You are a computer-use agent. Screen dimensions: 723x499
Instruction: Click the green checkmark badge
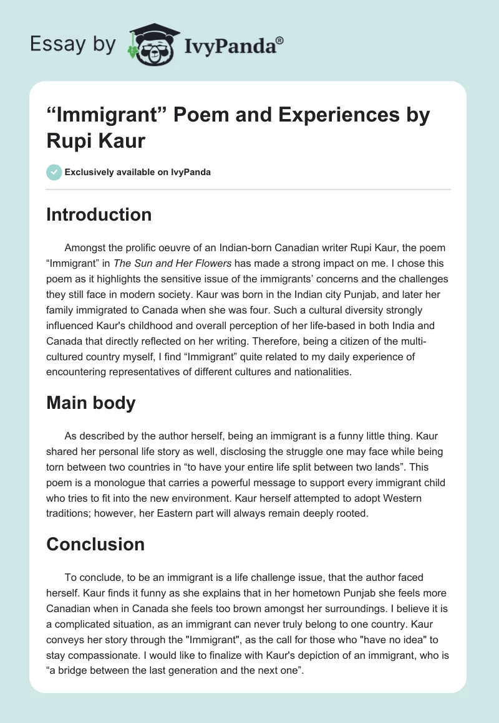click(x=54, y=172)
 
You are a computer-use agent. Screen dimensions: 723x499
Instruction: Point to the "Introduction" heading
click(x=99, y=214)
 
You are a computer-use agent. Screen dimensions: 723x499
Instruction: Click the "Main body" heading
click(x=91, y=403)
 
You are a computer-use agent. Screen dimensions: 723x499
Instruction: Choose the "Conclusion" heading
click(x=95, y=544)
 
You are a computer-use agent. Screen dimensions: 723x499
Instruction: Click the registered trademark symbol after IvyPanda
click(x=280, y=40)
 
